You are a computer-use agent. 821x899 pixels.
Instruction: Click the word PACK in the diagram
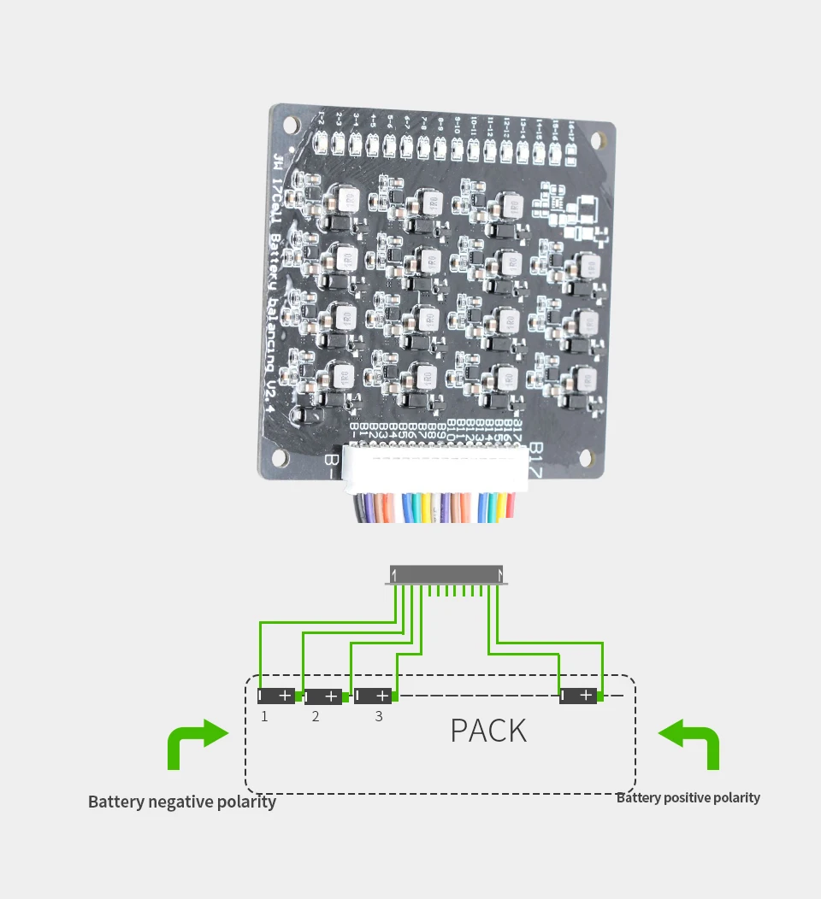tap(488, 731)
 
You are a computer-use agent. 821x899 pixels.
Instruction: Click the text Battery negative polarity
tap(182, 802)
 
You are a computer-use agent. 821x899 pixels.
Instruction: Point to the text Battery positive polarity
tap(688, 797)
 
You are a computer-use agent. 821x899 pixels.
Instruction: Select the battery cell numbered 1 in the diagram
tap(276, 696)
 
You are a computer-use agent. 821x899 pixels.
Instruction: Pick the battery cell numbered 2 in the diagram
tap(323, 697)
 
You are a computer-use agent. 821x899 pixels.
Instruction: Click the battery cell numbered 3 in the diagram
tap(373, 696)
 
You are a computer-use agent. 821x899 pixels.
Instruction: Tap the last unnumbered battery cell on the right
tap(579, 696)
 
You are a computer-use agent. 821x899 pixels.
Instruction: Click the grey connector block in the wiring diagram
tap(446, 574)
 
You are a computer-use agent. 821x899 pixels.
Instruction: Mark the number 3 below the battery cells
tap(379, 717)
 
